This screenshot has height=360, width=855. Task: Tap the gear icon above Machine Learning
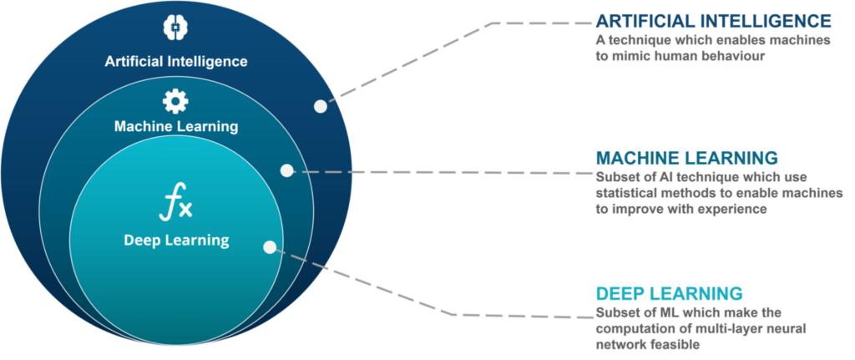click(x=175, y=101)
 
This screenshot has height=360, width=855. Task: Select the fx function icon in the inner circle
click(x=175, y=202)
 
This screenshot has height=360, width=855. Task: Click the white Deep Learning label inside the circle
click(x=177, y=240)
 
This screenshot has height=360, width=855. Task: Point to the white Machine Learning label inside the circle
click(x=176, y=127)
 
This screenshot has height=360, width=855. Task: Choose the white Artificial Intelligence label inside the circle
click(x=176, y=61)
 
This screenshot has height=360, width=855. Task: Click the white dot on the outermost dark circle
click(x=321, y=106)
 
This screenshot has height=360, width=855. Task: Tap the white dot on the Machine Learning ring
click(x=287, y=170)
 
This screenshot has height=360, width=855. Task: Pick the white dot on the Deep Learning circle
click(x=270, y=247)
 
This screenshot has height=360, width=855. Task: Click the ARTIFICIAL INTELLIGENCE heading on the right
click(x=714, y=21)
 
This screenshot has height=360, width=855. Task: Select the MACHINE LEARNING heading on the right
click(x=686, y=158)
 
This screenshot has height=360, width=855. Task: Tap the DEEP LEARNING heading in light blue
click(x=669, y=293)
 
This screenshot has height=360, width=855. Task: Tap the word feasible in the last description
click(x=675, y=345)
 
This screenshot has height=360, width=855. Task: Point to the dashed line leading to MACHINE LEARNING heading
click(x=443, y=172)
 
